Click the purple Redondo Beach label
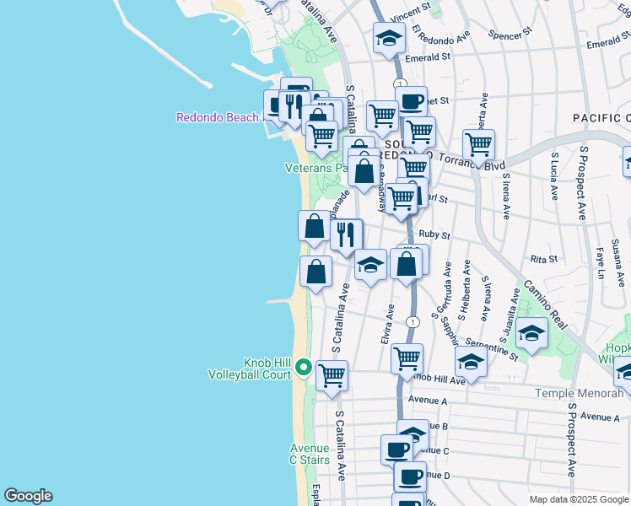(218, 117)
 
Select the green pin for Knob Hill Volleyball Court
(303, 368)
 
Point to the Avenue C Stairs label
(310, 454)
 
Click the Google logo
(28, 496)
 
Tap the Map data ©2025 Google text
(578, 499)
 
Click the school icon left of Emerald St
(389, 38)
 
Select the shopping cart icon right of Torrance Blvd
(478, 144)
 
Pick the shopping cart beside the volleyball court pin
(332, 374)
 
